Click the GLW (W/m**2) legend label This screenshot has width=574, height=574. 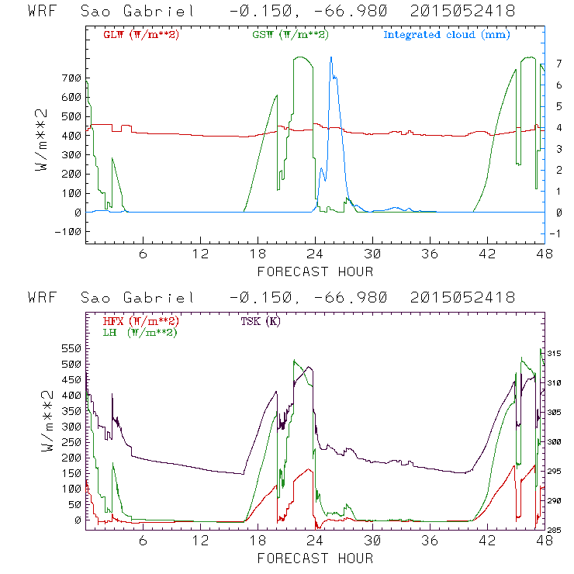tap(141, 35)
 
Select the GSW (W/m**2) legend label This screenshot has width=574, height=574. tap(291, 35)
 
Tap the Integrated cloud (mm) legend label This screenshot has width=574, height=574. tap(447, 35)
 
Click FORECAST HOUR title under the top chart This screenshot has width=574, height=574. tap(315, 271)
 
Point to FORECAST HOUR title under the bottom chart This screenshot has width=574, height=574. tap(315, 558)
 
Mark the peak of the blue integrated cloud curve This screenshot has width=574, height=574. tap(331, 57)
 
